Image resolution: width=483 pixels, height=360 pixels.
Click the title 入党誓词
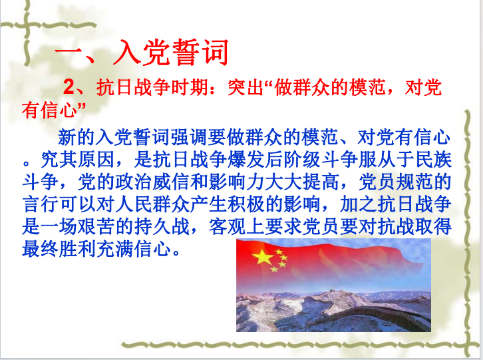171,53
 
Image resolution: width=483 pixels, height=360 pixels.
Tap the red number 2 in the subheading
69,87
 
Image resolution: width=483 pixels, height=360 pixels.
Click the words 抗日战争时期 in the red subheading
152,87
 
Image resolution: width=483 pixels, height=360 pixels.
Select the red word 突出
245,87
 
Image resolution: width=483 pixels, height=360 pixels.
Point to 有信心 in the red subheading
49,110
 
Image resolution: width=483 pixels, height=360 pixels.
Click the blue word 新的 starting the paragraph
76,138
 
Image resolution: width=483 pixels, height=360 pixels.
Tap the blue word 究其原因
78,160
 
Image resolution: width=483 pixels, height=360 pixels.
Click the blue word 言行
41,204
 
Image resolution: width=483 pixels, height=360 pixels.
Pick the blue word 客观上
236,227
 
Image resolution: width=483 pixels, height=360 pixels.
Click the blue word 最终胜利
59,249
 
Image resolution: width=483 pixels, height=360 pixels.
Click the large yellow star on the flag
262,257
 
